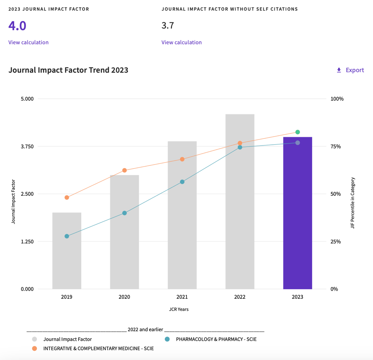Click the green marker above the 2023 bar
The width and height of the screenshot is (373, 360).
coord(298,132)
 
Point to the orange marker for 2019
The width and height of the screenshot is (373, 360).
coord(67,197)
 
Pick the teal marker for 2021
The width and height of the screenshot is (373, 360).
coord(182,182)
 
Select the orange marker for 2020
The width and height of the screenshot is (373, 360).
coord(124,170)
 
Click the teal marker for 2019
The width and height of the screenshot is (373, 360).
coord(67,236)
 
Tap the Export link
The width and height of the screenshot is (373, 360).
coord(350,70)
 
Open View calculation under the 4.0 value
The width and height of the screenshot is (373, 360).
coord(28,42)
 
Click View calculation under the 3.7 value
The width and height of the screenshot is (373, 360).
coord(181,42)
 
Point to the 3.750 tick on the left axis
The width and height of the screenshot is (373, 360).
coord(28,146)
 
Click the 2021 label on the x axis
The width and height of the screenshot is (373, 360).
coord(182,297)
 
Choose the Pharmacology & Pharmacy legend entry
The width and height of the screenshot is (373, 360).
coord(216,339)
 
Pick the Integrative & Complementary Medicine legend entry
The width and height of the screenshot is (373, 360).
coord(98,348)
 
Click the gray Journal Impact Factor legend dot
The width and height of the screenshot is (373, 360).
coord(34,339)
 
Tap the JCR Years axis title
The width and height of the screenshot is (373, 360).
coord(179,309)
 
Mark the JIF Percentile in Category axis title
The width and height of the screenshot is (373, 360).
coord(353,203)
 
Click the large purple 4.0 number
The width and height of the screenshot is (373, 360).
coord(17,26)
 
